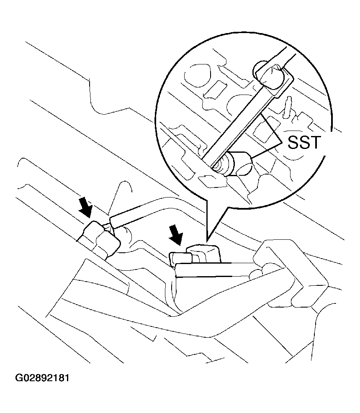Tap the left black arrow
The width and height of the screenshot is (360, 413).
point(86,207)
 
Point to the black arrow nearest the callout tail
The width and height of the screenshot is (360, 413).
point(176,235)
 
